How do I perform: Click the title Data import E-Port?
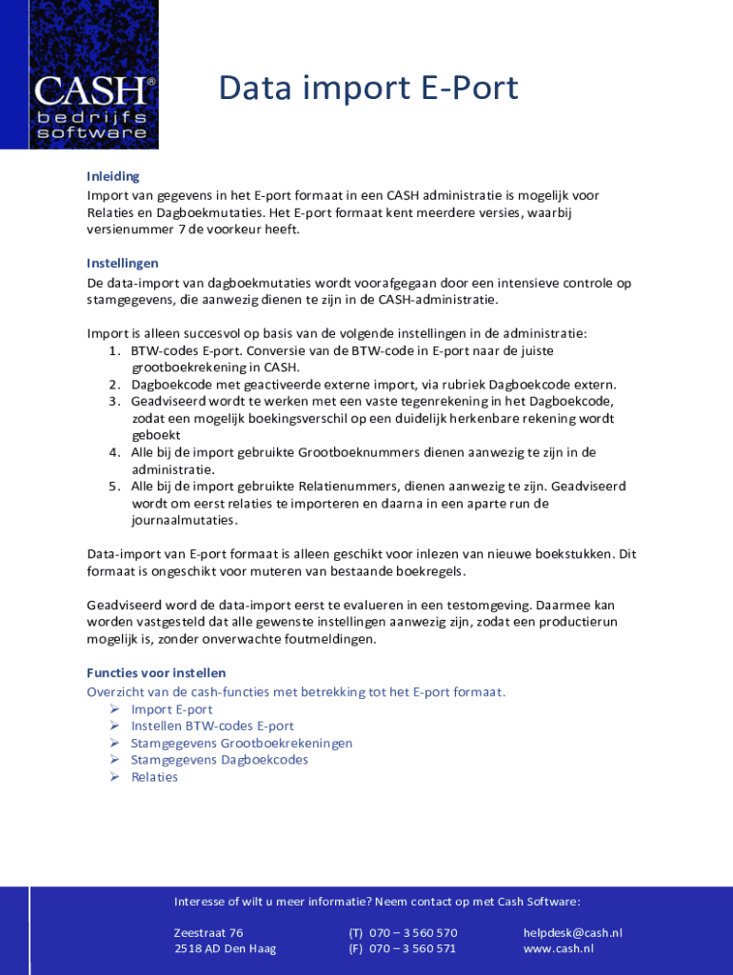pos(367,88)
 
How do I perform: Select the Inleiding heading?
pos(113,176)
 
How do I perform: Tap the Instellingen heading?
pos(123,263)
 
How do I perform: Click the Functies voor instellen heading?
pos(156,672)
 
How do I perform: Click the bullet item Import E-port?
pos(171,709)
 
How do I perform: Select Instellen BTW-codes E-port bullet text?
pos(212,726)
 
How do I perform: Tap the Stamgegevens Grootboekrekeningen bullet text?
pos(242,743)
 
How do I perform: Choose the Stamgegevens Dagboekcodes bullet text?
pos(219,760)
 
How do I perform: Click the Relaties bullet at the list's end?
pos(154,777)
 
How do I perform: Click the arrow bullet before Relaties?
pos(113,777)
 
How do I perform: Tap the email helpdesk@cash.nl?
pos(572,933)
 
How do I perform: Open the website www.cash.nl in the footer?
pos(558,948)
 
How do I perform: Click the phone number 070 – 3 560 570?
pos(413,933)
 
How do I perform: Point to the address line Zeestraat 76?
pos(208,933)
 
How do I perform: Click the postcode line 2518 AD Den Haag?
pos(225,948)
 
